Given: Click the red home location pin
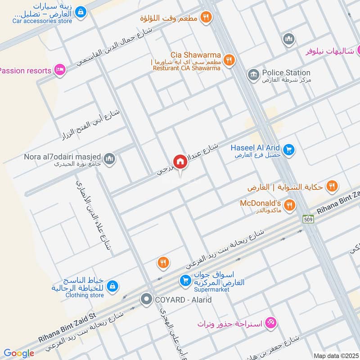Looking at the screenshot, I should tap(180, 162).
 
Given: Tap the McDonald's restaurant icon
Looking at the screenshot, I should tap(289, 205).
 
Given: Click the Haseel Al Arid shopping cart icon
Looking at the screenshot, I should tap(289, 149).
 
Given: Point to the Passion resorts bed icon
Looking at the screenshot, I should tap(59, 70).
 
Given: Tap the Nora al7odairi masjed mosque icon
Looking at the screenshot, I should tap(109, 159).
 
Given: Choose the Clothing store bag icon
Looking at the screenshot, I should tap(112, 286).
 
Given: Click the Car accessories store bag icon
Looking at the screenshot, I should tap(81, 12).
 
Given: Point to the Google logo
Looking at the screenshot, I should tap(19, 353).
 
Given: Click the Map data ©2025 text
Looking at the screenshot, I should tap(336, 355).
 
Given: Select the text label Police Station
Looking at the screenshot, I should tap(286, 72).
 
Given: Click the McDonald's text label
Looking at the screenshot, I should tap(260, 203).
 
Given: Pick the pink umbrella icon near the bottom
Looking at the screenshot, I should tap(271, 322).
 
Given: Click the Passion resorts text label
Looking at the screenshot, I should tap(25, 71).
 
